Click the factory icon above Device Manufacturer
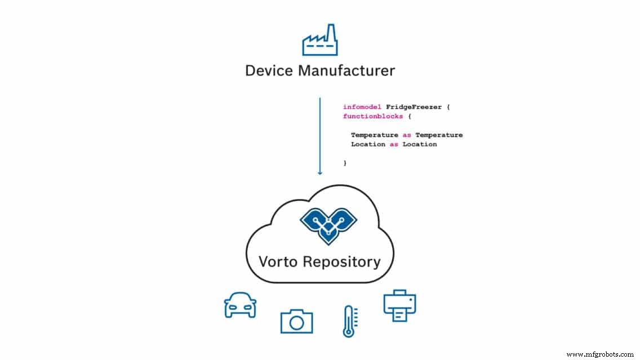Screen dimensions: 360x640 click(319, 40)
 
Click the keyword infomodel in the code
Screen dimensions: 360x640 click(362, 106)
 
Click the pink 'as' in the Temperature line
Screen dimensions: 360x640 click(407, 135)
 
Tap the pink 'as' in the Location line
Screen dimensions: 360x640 click(394, 144)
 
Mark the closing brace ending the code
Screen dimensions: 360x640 click(345, 163)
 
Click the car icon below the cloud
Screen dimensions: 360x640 click(240, 305)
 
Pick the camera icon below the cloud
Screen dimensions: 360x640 click(296, 321)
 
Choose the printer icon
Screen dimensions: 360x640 click(399, 306)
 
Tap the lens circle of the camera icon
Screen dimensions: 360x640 click(296, 323)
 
